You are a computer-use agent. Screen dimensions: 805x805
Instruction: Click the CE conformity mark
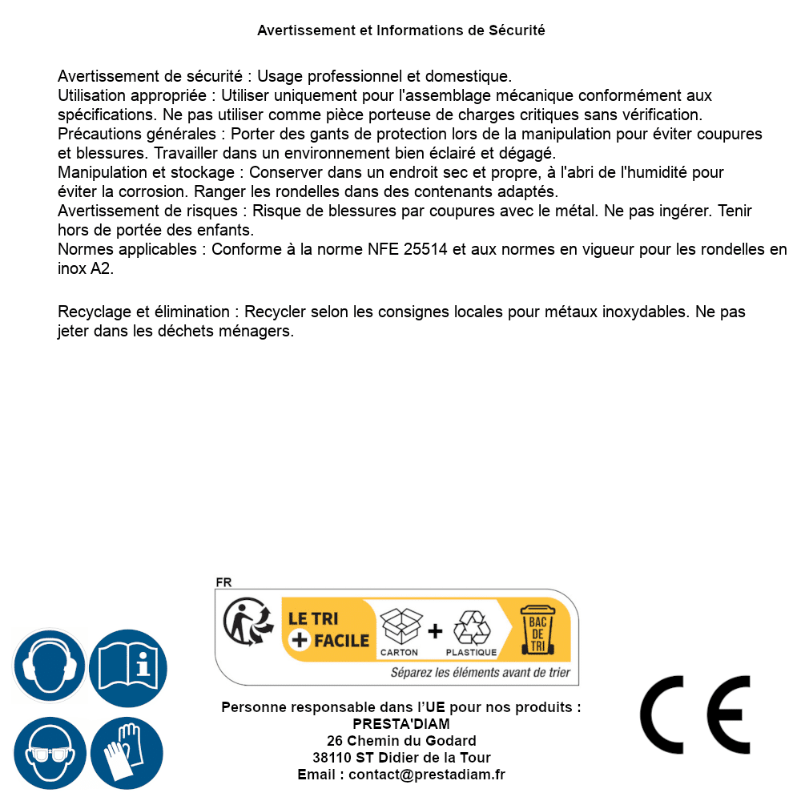(695, 715)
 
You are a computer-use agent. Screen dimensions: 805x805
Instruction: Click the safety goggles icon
(49, 754)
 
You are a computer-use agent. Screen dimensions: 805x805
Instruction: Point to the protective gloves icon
(127, 754)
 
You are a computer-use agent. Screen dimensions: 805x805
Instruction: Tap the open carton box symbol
(400, 626)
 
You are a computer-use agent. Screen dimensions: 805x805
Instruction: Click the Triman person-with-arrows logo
(244, 623)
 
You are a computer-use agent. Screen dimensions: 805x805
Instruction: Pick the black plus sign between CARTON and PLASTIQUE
(435, 631)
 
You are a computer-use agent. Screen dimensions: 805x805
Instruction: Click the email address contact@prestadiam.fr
(427, 775)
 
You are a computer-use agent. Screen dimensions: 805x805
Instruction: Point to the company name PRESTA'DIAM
(401, 724)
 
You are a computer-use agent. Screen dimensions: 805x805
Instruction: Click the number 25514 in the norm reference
(426, 249)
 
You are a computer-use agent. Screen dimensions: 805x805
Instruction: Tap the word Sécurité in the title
(517, 30)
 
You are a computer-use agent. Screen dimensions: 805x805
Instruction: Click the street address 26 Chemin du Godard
(401, 741)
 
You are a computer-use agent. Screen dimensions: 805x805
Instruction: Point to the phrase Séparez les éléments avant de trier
(480, 673)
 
